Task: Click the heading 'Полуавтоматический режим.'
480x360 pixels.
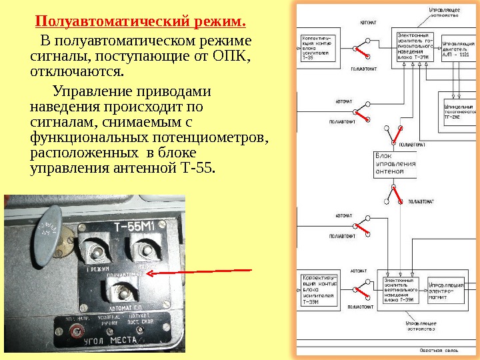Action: [141, 21]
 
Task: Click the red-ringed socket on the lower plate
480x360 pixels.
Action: [79, 331]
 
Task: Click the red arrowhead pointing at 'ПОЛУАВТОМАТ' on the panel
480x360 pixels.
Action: [151, 273]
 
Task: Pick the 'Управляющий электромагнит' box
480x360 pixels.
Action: [445, 289]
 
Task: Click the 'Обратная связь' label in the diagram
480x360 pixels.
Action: [436, 350]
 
